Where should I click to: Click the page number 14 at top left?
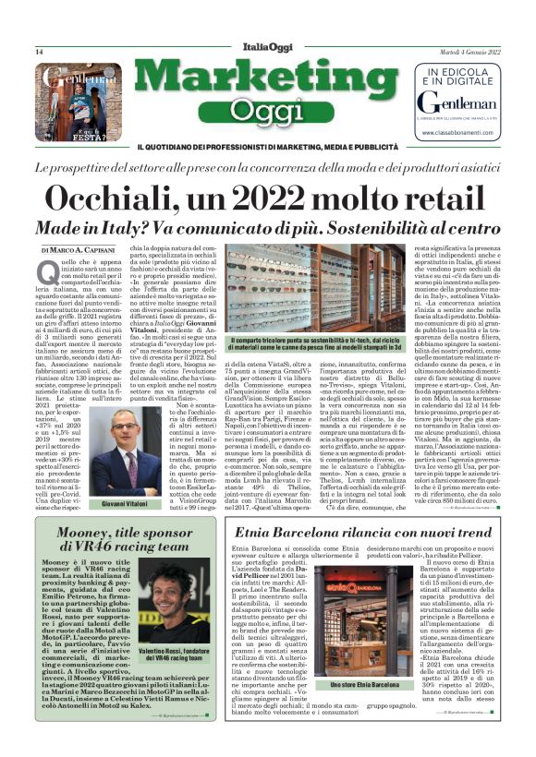[x=39, y=52]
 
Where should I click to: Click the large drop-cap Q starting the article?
[x=47, y=271]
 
